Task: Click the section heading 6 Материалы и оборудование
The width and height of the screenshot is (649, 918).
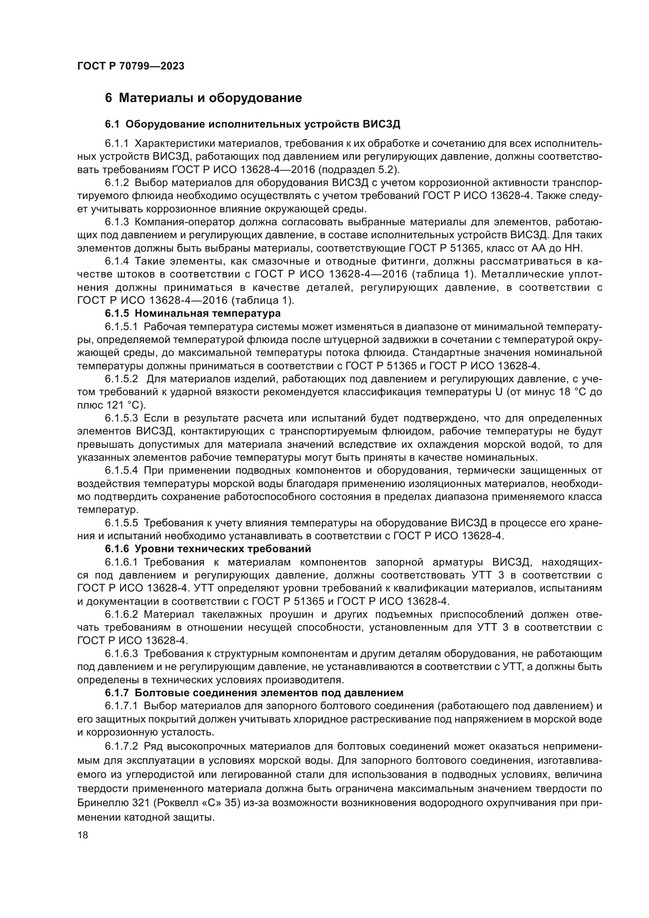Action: pyautogui.click(x=203, y=98)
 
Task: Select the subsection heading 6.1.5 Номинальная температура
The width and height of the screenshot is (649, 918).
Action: pyautogui.click(x=193, y=313)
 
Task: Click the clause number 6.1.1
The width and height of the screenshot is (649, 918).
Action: pyautogui.click(x=117, y=143)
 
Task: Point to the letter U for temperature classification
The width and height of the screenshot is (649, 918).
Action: pyautogui.click(x=498, y=392)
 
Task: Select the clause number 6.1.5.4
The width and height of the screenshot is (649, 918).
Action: pyautogui.click(x=121, y=470)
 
